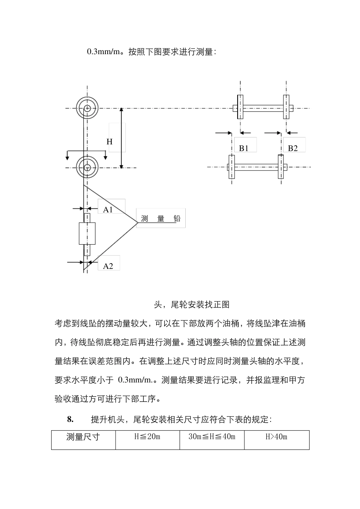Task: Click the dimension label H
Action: (x=110, y=142)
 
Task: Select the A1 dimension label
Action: (x=108, y=209)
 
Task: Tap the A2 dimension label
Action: (x=108, y=266)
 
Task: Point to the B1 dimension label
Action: (x=244, y=148)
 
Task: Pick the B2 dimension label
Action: (x=293, y=148)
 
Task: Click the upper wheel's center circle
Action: (x=88, y=108)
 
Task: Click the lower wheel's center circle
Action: (x=88, y=167)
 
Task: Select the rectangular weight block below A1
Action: (x=87, y=233)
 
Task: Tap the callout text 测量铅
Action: (x=161, y=219)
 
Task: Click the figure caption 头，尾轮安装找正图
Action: (x=192, y=304)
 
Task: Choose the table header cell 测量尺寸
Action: (x=83, y=437)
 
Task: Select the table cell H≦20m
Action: (x=147, y=437)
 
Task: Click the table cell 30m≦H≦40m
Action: (x=212, y=437)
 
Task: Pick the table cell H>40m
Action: (x=276, y=437)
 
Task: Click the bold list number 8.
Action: (x=70, y=419)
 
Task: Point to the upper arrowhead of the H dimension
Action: (x=121, y=110)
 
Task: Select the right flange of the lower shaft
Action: (x=280, y=167)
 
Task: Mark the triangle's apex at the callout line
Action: (x=137, y=222)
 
